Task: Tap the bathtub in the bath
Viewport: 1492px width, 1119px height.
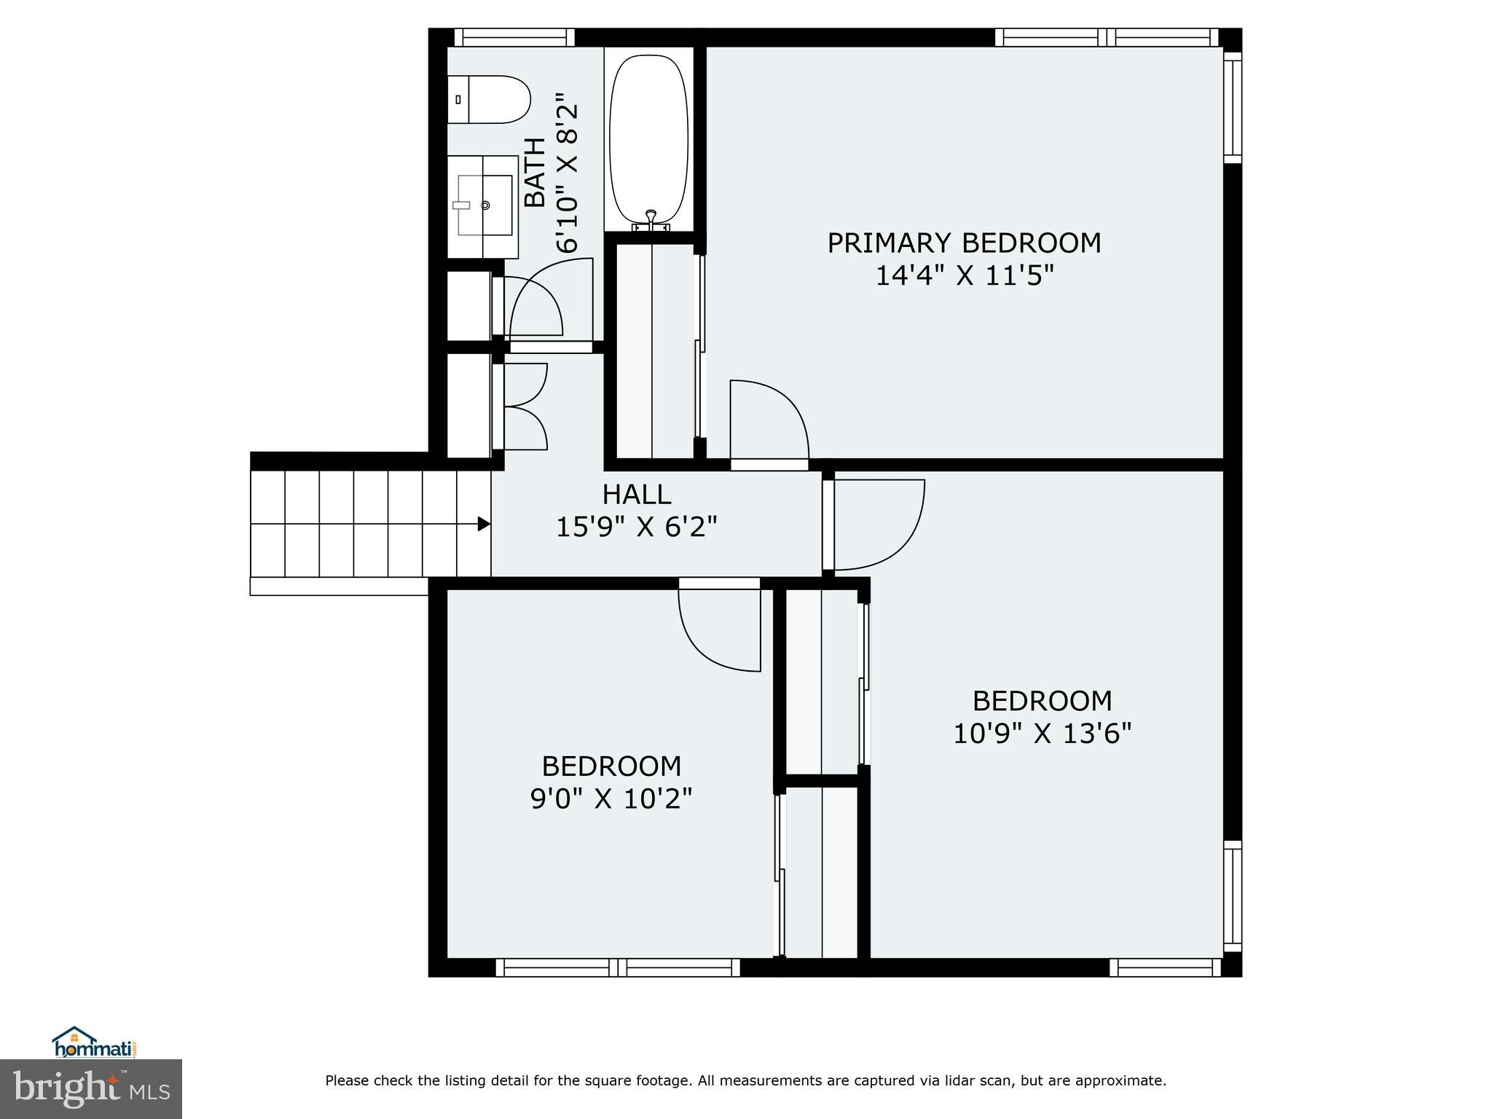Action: [648, 138]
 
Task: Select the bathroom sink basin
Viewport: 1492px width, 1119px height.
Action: [484, 205]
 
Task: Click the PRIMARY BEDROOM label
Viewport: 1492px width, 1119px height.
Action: [964, 243]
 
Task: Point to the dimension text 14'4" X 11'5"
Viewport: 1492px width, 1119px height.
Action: [964, 276]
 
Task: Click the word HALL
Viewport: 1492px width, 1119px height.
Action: [636, 495]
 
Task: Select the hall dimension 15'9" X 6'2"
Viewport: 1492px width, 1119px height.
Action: [636, 527]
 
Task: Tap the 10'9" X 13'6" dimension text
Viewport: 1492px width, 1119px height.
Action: [1042, 734]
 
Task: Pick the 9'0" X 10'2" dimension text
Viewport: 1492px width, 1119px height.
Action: [610, 799]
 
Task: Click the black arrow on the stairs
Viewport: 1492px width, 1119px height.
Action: [483, 524]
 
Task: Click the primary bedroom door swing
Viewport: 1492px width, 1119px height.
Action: [769, 423]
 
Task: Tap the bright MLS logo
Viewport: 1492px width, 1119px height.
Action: [90, 1089]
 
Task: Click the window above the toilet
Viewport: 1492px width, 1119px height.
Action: [514, 37]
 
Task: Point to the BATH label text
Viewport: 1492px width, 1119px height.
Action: [535, 173]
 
